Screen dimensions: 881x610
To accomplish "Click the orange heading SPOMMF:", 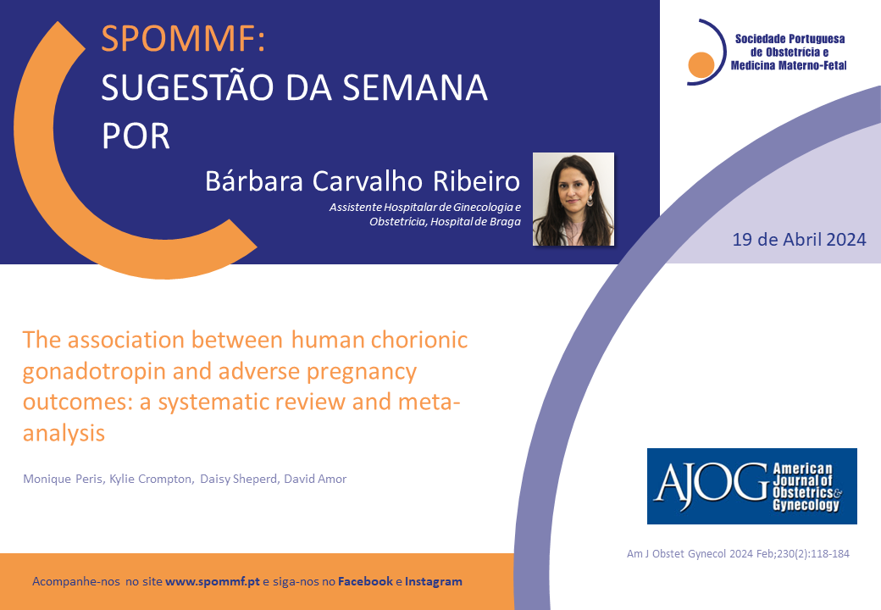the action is coord(183,39).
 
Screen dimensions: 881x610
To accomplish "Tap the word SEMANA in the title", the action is coord(414,87).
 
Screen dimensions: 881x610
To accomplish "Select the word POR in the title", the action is coord(136,136).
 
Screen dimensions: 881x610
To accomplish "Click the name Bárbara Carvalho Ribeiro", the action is coord(363,180).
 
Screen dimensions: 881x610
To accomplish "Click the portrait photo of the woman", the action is coord(573,199).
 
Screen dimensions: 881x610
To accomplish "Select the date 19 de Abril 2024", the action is coord(799,240).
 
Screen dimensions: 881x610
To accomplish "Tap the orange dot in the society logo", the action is coord(701,64).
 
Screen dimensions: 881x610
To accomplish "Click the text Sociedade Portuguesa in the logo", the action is coord(790,39).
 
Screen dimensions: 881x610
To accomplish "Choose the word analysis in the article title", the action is coord(64,434).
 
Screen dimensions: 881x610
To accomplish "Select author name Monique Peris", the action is coord(63,480).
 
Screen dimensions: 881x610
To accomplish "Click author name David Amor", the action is coord(315,480).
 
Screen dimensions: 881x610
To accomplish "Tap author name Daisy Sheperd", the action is coord(239,480).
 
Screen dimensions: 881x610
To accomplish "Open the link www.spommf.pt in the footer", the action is coord(213,581).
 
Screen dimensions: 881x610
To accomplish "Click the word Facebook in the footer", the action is coord(365,581).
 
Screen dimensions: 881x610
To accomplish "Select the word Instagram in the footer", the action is coord(434,581).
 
